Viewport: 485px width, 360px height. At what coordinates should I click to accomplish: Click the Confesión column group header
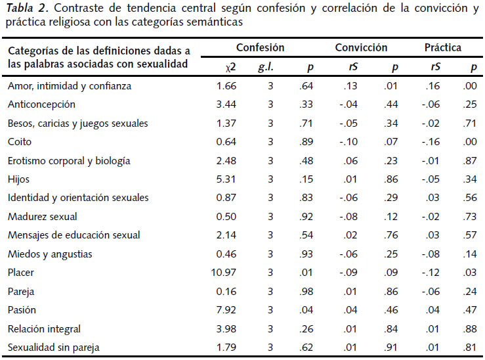coord(261,48)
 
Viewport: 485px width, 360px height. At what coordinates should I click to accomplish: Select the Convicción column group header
coord(361,48)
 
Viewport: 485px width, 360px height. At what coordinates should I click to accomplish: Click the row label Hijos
coord(18,179)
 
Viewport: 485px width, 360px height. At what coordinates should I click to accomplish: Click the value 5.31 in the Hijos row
coord(222,179)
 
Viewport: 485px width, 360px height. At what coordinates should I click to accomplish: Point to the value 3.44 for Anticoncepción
coord(222,104)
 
